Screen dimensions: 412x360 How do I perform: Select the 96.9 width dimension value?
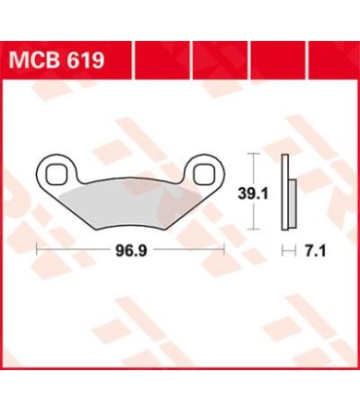click(x=129, y=249)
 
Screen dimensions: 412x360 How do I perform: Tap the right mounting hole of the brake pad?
click(x=205, y=174)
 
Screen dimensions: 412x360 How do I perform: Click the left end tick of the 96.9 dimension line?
click(x=37, y=249)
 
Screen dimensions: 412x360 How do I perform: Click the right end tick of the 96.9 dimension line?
click(x=225, y=249)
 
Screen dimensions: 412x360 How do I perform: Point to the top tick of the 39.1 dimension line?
click(x=252, y=154)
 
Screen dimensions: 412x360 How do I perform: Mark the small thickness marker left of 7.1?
click(x=285, y=249)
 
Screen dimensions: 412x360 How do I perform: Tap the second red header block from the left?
click(x=160, y=61)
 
